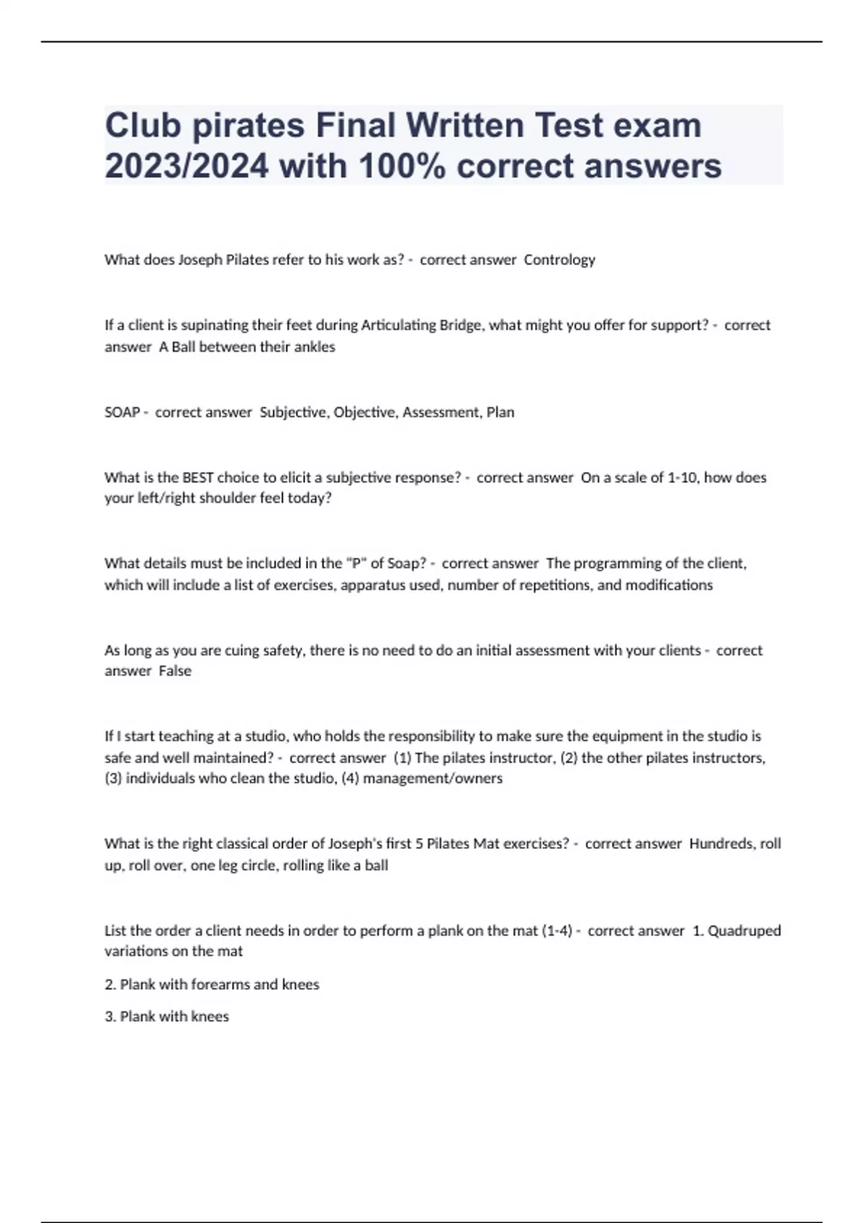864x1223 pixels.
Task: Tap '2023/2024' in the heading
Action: [x=186, y=167]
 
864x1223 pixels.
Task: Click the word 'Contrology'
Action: [x=559, y=260]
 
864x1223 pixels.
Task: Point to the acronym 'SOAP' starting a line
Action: [x=122, y=412]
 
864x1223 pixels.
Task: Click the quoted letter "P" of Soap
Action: [x=356, y=563]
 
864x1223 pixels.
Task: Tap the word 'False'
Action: [x=175, y=670]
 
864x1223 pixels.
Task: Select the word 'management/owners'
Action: [x=433, y=778]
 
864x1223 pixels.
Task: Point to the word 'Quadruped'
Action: [x=744, y=930]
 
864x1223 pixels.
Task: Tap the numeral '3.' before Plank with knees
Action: [x=110, y=1017]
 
